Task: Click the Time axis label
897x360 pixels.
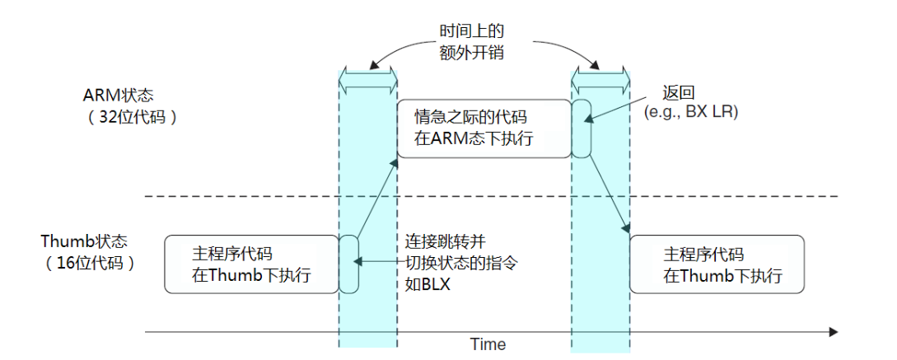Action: [x=488, y=344]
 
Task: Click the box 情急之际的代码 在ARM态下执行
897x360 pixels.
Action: [x=484, y=129]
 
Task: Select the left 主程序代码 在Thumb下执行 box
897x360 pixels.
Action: [x=251, y=264]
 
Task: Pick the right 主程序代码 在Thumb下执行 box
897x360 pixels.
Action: [x=717, y=264]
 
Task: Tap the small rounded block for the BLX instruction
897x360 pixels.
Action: [x=349, y=264]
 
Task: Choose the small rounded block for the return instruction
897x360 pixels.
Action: [x=582, y=129]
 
